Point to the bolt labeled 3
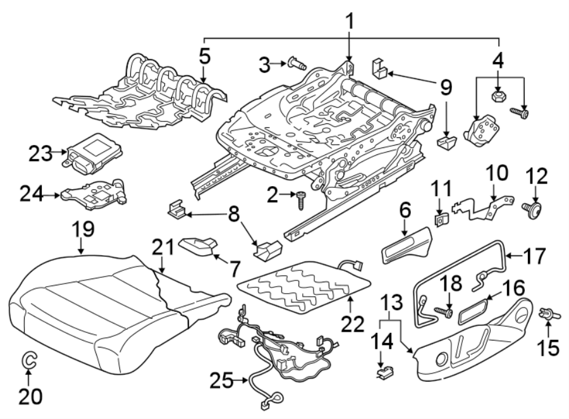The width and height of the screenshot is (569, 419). click(x=295, y=63)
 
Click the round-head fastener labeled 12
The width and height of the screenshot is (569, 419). click(x=532, y=209)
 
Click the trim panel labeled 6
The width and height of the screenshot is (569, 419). click(x=406, y=246)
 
